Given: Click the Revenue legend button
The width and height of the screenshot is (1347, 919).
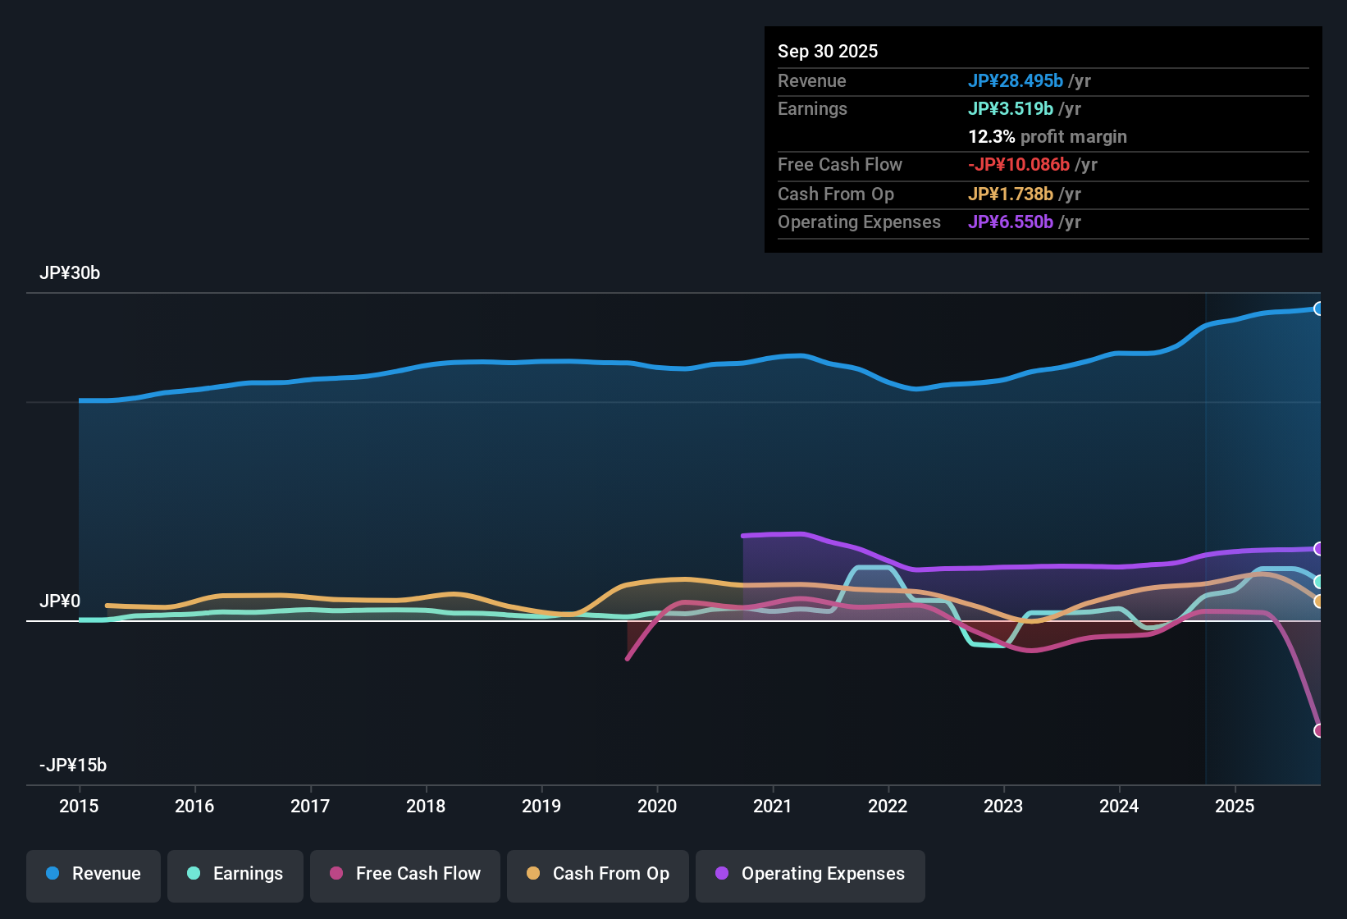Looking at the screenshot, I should coord(94,874).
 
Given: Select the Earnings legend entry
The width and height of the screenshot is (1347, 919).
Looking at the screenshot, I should coord(235,874).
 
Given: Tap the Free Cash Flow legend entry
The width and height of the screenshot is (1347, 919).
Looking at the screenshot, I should coord(405,874).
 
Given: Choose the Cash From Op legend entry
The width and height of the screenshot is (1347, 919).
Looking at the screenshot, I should coord(598,874).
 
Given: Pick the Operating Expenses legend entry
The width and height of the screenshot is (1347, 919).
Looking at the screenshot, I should coord(810,874).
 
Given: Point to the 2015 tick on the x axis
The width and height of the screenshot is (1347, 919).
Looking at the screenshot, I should coord(79,806).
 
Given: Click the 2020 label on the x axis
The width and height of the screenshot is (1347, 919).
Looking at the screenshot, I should coord(657,806).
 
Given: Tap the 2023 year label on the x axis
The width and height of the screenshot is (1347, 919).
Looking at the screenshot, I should coord(1003,806).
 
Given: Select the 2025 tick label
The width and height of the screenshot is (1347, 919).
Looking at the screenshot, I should coord(1235,806).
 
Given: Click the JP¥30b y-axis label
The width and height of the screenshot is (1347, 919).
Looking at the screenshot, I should coord(70,273).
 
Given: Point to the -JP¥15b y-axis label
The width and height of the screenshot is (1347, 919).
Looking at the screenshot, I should coord(73,766).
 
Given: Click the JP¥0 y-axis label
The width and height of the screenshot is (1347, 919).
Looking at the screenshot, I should coord(60,601).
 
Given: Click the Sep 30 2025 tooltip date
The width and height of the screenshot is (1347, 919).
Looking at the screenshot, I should coord(828,51).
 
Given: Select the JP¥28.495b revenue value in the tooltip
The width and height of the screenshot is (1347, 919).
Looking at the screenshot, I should coord(1016,80).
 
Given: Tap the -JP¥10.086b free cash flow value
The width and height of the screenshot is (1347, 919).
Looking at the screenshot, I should coord(1019,164).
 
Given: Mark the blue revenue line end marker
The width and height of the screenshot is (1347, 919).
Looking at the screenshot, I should coord(1318,309).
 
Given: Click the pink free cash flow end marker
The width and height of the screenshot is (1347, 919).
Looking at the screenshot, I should coord(1318,730).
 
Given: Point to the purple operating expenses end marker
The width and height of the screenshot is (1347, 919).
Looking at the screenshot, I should coord(1318,548).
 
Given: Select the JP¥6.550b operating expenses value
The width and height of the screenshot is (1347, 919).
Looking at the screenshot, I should coord(1011,222).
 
